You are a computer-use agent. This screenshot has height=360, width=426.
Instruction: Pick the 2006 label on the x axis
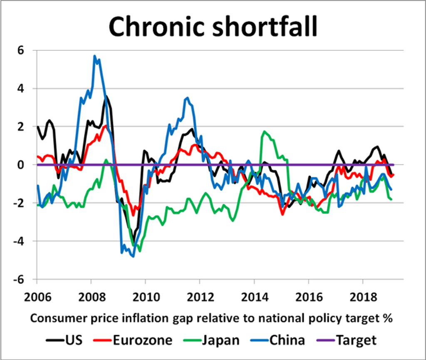(x=37, y=299)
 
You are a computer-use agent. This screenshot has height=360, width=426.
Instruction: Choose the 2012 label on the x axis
(x=200, y=299)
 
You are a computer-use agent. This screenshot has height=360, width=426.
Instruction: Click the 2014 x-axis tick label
(x=254, y=299)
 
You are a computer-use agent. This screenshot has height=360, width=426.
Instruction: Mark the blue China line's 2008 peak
(x=95, y=56)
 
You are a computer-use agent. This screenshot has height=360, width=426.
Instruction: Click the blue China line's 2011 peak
(x=188, y=98)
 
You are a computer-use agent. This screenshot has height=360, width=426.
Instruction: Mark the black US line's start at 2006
(x=38, y=127)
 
